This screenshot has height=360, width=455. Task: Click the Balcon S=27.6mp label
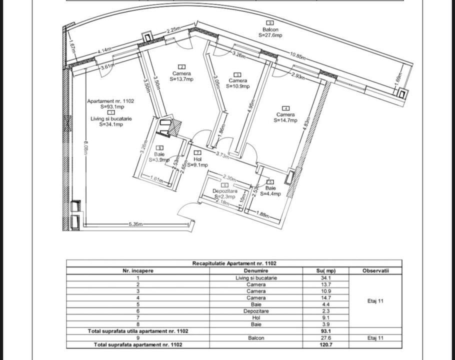(x=270, y=32)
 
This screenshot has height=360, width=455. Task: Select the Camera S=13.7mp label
(x=181, y=76)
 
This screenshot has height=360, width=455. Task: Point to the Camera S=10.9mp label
(x=237, y=83)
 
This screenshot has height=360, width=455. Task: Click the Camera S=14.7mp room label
(x=285, y=117)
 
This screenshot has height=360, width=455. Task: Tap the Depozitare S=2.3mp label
(x=224, y=194)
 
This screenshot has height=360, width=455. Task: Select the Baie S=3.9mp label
(x=159, y=157)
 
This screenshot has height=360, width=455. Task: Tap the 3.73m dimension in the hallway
(x=222, y=155)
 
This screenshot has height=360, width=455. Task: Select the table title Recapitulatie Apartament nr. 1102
(x=234, y=263)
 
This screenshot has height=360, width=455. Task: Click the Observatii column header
(x=375, y=270)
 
